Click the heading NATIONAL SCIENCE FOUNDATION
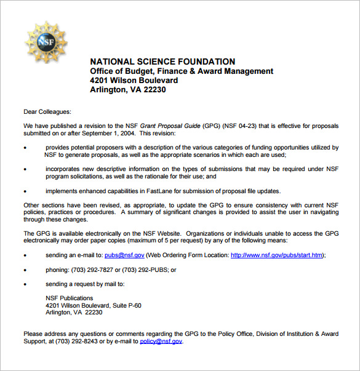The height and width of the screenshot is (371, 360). point(162,62)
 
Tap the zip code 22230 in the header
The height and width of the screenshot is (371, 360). point(153,89)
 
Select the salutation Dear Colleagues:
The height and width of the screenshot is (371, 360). point(47,111)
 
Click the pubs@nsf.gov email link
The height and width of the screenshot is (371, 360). point(124,255)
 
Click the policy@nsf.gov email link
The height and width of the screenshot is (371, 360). point(161,341)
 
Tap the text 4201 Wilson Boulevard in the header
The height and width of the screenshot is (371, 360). point(134,80)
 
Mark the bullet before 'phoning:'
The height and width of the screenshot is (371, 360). point(25,270)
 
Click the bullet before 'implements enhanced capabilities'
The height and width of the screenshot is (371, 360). point(25,191)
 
